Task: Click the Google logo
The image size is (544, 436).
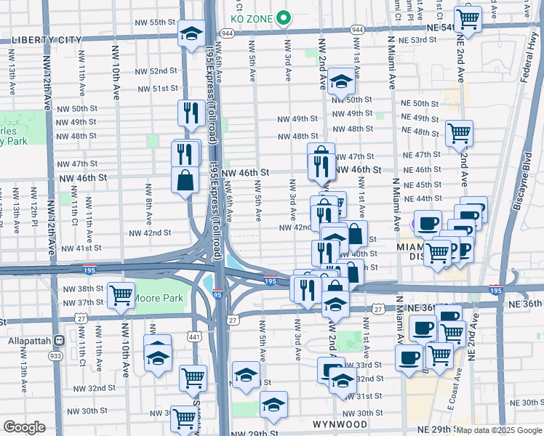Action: tap(24, 427)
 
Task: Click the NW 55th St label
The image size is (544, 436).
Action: tap(156, 23)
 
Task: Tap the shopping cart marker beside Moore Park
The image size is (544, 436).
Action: tap(121, 295)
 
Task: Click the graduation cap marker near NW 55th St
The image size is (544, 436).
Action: tap(192, 35)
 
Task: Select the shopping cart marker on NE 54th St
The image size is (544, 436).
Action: tap(467, 19)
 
